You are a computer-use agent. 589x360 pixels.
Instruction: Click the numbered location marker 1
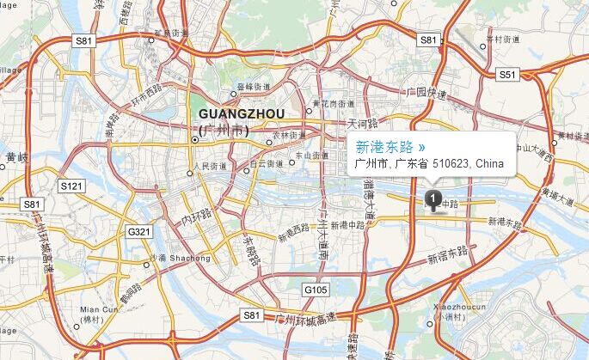(433, 199)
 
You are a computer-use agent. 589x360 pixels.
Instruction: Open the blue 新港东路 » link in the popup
(390, 147)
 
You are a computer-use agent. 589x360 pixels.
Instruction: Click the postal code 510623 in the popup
(451, 163)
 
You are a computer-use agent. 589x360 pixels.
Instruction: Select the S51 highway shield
(508, 75)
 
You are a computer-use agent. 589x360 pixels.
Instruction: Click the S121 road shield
(71, 186)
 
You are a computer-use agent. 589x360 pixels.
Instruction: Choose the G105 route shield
(316, 290)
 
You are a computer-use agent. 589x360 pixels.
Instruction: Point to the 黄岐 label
(16, 158)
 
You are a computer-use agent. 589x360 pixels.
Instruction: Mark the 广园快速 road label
(428, 92)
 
